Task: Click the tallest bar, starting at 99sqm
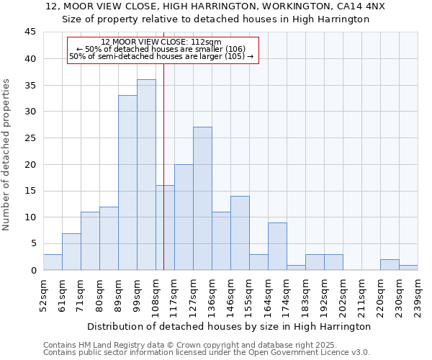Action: click(x=146, y=175)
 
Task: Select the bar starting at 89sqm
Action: click(x=127, y=183)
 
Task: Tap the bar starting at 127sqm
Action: click(x=202, y=199)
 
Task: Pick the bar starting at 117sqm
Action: click(x=184, y=217)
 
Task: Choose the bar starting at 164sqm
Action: click(x=277, y=246)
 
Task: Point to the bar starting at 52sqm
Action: click(x=53, y=262)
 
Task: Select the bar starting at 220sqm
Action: click(x=390, y=265)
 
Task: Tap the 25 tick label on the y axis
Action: click(x=30, y=138)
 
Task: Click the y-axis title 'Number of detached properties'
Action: click(x=7, y=154)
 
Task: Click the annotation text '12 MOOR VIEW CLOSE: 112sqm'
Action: click(x=161, y=42)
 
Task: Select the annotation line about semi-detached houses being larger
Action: click(x=161, y=56)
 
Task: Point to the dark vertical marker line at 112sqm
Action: click(x=164, y=180)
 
